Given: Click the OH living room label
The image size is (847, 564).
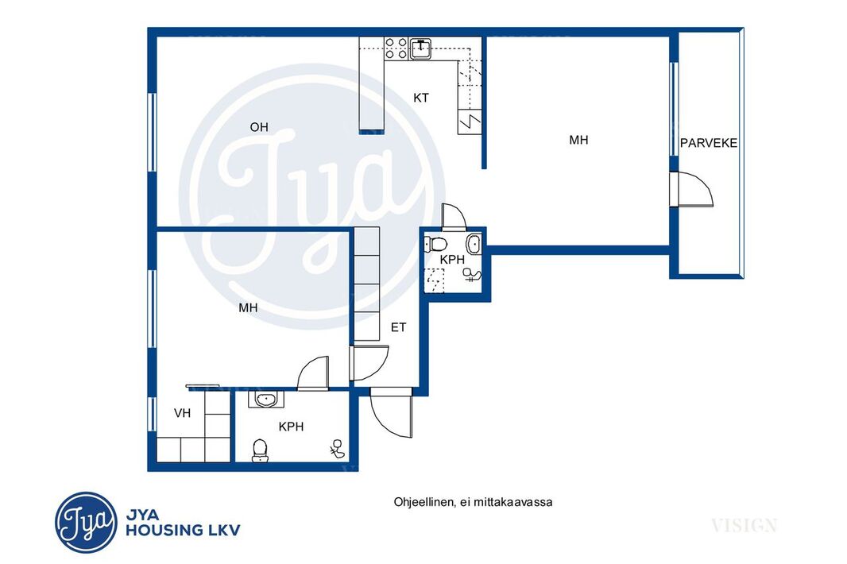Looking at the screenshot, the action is pos(259,127).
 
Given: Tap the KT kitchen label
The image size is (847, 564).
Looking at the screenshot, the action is pos(421,98).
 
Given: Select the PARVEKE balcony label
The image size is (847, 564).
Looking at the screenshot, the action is pos(708,143).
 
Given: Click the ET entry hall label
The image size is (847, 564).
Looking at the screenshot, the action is pos(399,327).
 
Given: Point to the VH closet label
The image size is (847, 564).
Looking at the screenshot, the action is pos(183,413).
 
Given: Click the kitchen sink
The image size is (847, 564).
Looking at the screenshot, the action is pos(421,48).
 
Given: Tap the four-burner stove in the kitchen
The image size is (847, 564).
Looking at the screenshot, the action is pos(396,48).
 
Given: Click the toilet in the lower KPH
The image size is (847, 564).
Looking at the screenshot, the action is pos(261,451).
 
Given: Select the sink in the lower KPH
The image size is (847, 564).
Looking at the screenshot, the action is pos(266,400).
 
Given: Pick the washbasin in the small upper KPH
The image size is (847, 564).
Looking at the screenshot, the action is pos(474,244).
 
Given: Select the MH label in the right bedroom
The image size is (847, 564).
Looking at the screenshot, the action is pos(578,141).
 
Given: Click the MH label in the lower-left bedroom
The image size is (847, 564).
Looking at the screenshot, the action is pos(248,308).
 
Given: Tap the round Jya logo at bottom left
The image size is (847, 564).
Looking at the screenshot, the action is pos(86,523).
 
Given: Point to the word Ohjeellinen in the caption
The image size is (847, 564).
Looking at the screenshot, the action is pos(423,502).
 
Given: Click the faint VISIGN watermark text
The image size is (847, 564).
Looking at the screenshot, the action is pos(744,525).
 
